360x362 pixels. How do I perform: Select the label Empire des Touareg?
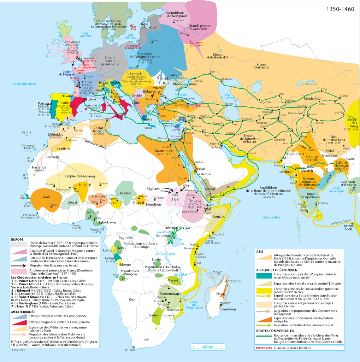(80, 176)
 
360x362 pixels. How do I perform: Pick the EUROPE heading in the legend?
(17, 239)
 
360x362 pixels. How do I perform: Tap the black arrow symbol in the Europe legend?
(20, 265)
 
